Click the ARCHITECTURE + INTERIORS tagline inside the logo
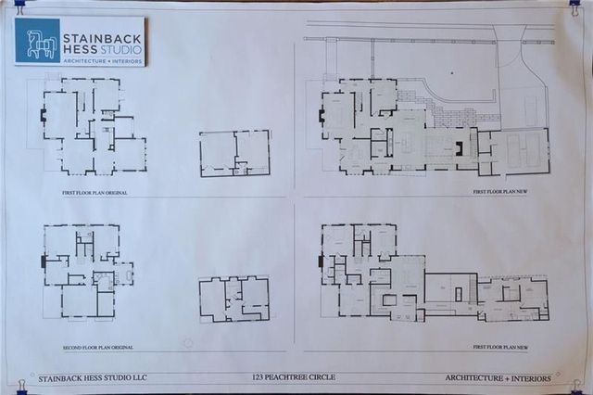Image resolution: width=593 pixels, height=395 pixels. pyautogui.click(x=101, y=59)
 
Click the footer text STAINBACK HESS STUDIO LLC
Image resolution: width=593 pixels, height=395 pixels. pyautogui.click(x=94, y=378)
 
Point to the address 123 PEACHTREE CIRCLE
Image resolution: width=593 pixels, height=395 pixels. pyautogui.click(x=293, y=378)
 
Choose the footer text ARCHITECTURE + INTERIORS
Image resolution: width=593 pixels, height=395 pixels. pyautogui.click(x=498, y=378)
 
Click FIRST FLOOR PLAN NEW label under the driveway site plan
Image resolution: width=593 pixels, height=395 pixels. pyautogui.click(x=499, y=192)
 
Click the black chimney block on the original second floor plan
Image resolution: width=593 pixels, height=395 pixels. pyautogui.click(x=43, y=262)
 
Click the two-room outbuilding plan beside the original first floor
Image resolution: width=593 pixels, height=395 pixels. pyautogui.click(x=234, y=153)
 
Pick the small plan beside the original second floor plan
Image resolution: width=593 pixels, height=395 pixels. pyautogui.click(x=233, y=299)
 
